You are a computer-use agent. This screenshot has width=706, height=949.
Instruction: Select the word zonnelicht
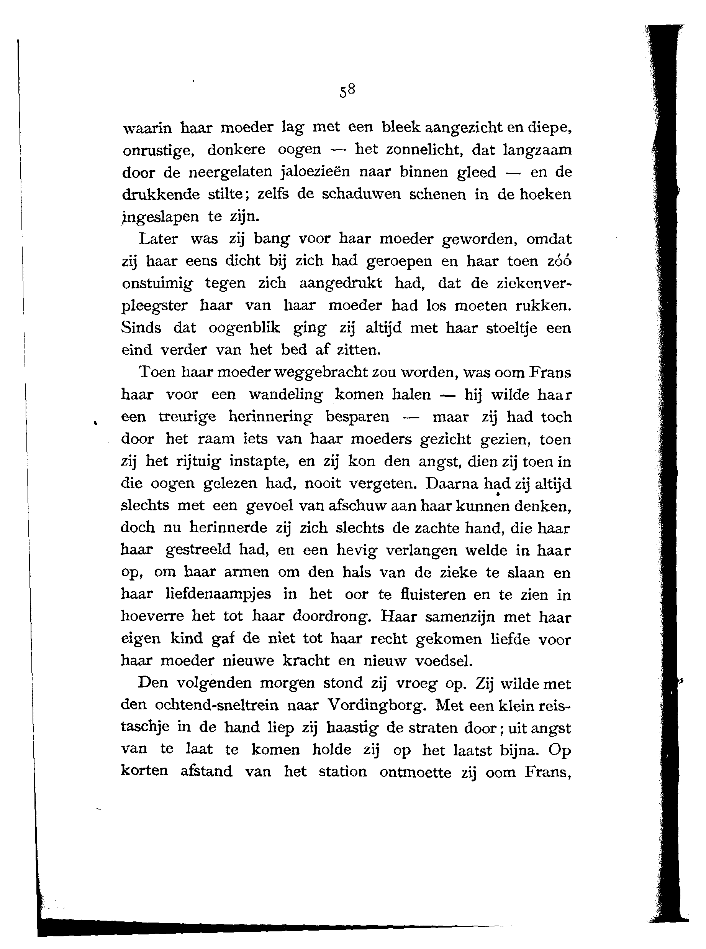click(x=411, y=149)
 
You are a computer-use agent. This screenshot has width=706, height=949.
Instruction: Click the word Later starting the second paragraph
click(x=158, y=238)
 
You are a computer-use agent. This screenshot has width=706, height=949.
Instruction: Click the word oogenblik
click(x=244, y=328)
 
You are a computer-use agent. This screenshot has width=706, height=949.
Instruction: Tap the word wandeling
click(x=286, y=394)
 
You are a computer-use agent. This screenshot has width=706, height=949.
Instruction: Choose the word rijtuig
click(x=198, y=461)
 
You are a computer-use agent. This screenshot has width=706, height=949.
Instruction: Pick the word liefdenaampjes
click(x=218, y=594)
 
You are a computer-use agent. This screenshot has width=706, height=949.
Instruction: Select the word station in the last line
click(x=342, y=771)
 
